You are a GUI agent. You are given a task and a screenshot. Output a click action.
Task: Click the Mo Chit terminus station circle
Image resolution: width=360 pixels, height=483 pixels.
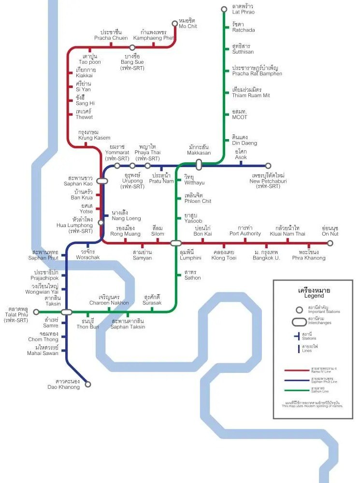coord(175,23)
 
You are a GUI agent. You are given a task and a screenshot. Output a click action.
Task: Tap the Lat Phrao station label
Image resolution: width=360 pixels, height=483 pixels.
coord(243,9)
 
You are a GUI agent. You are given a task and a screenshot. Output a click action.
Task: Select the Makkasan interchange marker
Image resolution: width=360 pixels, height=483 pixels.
coord(199,165)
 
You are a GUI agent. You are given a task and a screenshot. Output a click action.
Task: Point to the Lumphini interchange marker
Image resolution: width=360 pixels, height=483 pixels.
coord(176,243)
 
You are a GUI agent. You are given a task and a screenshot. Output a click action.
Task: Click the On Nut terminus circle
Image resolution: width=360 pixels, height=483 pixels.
coord(330,243)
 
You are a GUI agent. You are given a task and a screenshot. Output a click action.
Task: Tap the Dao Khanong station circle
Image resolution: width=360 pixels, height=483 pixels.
coord(88,384)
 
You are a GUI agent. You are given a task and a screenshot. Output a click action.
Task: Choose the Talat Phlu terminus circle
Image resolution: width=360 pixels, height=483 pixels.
coord(36,312)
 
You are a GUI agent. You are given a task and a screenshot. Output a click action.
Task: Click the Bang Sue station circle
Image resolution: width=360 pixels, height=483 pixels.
coord(132,47)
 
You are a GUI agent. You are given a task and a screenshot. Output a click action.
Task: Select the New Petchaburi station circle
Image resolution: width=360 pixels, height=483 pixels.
coord(268,166)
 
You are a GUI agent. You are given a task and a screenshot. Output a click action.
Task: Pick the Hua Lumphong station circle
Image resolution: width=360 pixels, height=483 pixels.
coord(101,223)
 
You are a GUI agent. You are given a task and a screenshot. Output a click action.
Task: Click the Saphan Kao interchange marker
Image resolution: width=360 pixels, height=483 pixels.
coord(101,181)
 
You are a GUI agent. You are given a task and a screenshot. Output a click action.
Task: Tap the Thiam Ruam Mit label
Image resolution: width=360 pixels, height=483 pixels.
coord(251,93)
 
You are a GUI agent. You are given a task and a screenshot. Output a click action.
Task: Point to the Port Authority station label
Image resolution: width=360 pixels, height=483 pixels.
coord(245,231)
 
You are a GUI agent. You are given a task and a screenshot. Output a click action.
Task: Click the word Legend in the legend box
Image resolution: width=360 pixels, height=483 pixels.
coord(314,296)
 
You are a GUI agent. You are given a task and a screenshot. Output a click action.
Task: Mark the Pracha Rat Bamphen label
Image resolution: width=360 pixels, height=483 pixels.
coord(257,71)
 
